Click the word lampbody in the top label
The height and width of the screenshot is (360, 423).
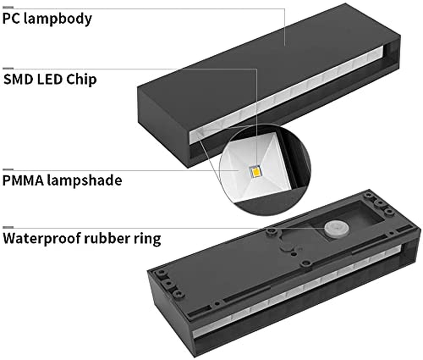point(58,19)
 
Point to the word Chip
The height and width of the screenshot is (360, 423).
point(81,80)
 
